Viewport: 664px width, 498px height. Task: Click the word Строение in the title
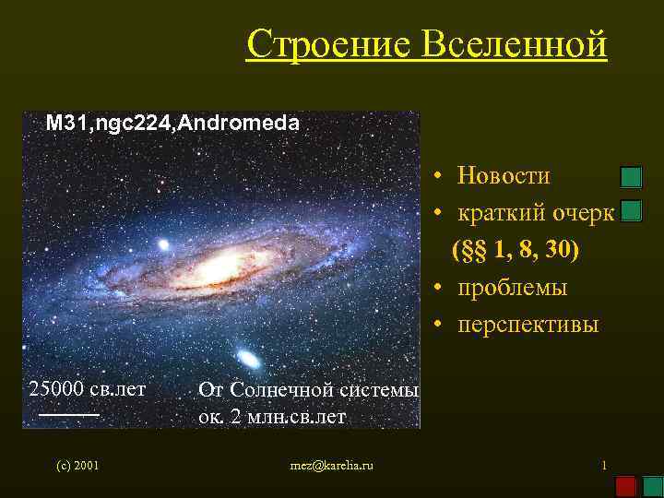[320, 43]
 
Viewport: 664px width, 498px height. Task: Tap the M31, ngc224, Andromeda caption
[172, 123]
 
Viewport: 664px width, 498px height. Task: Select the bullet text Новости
[504, 176]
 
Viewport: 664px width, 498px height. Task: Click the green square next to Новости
[631, 177]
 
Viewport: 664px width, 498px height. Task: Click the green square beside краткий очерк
[631, 212]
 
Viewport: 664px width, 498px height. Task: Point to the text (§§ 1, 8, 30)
[516, 250]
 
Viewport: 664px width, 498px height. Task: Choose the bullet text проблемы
[512, 288]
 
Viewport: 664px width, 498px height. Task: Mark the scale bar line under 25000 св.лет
[69, 417]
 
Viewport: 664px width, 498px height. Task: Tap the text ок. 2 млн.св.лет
[272, 417]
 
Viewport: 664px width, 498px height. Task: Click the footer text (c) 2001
[77, 466]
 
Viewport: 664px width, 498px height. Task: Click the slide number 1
[603, 465]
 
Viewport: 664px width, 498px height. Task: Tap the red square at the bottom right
[626, 486]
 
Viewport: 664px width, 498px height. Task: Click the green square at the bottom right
[652, 486]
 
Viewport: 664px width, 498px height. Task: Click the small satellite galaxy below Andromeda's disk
[246, 357]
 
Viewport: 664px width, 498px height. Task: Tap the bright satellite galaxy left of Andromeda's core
[163, 245]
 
